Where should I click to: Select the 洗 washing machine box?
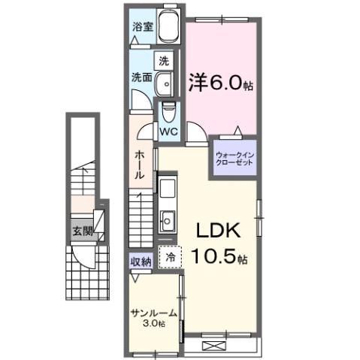[164, 59]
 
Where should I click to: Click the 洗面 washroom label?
[143, 77]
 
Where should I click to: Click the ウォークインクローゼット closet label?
[236, 159]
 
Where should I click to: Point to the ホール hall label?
[141, 164]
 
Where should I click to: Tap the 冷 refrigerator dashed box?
[171, 257]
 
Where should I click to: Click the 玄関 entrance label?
[83, 231]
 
